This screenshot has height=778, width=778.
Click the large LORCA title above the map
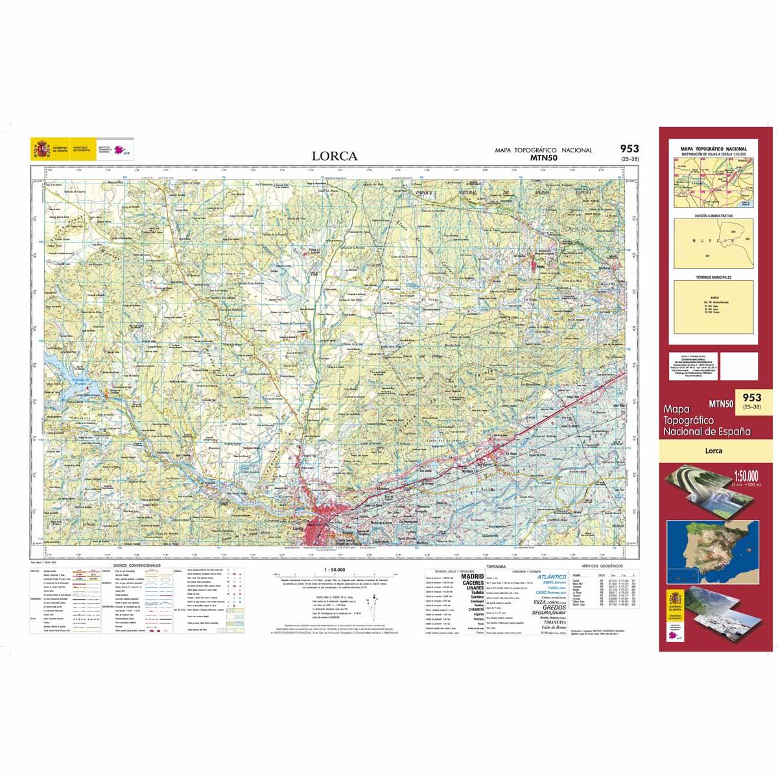click(334, 156)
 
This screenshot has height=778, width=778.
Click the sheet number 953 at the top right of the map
click(628, 148)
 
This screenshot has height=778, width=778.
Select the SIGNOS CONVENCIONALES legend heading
click(136, 566)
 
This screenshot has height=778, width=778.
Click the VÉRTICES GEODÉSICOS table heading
click(602, 566)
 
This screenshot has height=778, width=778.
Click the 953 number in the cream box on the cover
click(752, 397)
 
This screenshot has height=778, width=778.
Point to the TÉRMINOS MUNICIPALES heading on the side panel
click(714, 277)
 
